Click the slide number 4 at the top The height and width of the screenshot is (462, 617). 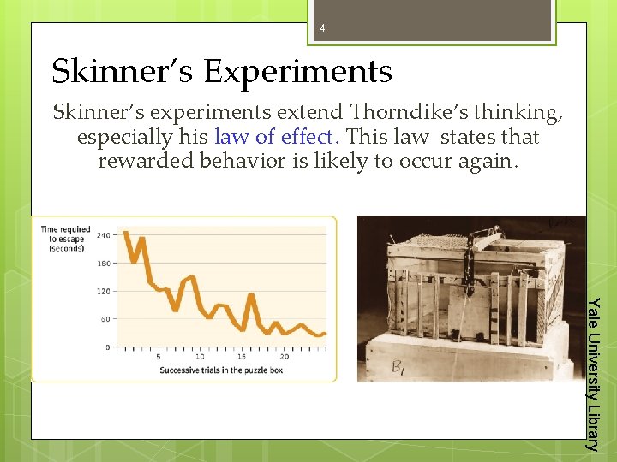[x=322, y=28]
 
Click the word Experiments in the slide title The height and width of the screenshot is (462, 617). [x=297, y=71]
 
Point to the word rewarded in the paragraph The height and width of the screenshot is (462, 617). [x=147, y=161]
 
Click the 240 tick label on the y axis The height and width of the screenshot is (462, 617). [x=103, y=234]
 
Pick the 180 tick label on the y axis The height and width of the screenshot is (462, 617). [x=103, y=263]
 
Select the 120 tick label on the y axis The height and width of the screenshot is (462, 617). [x=103, y=291]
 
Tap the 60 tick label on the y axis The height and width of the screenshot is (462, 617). [x=105, y=319]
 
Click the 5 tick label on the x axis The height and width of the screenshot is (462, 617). [x=159, y=356]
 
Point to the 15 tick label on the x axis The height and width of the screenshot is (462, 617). [x=242, y=356]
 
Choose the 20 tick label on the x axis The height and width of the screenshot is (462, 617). [x=284, y=356]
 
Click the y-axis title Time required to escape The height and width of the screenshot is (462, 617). [x=67, y=239]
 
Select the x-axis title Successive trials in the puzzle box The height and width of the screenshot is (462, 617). [x=221, y=370]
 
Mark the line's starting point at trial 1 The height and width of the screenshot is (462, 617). [x=126, y=233]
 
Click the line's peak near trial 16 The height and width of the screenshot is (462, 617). [x=251, y=295]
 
